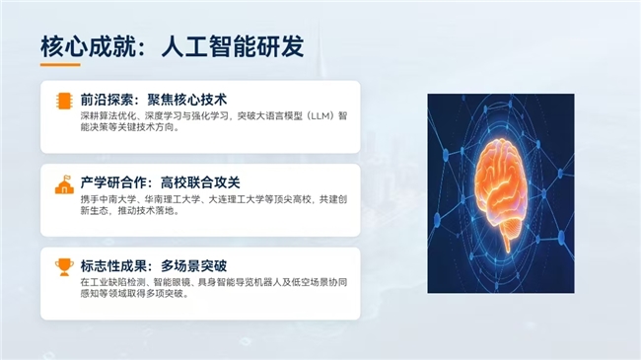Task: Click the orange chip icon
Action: (64, 101)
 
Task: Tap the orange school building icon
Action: (64, 184)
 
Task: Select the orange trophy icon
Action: (64, 267)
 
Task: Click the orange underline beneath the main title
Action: (60, 64)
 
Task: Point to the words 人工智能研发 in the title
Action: (233, 46)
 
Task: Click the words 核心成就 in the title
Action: (88, 46)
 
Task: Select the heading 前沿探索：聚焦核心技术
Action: (154, 100)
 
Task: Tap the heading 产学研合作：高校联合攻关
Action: (160, 182)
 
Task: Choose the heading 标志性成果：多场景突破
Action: (154, 266)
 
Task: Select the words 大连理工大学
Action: (235, 199)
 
